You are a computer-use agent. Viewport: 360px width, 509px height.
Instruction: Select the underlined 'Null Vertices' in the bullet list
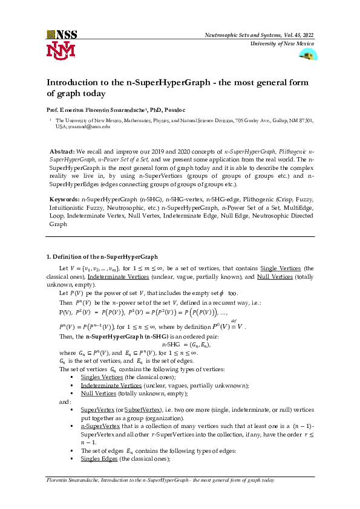pyautogui.click(x=99, y=393)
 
